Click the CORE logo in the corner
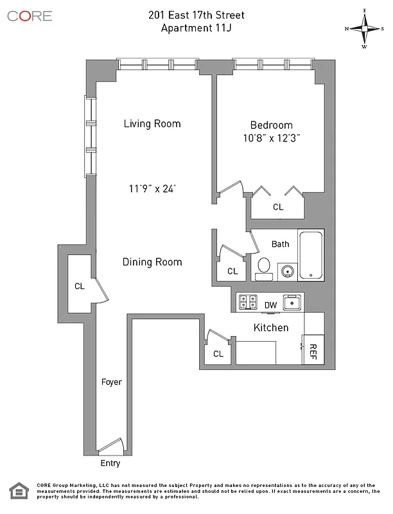[30, 16]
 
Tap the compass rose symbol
[364, 28]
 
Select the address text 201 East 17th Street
[197, 14]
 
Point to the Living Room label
[152, 124]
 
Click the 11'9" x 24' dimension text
[152, 189]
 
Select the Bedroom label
[270, 125]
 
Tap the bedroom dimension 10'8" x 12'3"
[270, 137]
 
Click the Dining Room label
[152, 262]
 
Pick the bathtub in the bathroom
[312, 254]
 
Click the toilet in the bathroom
[263, 269]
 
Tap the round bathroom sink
[286, 270]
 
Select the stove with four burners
[247, 302]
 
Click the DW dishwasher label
[270, 305]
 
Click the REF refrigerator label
[313, 351]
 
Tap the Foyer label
[112, 382]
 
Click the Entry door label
[110, 463]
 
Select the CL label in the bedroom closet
[278, 207]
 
